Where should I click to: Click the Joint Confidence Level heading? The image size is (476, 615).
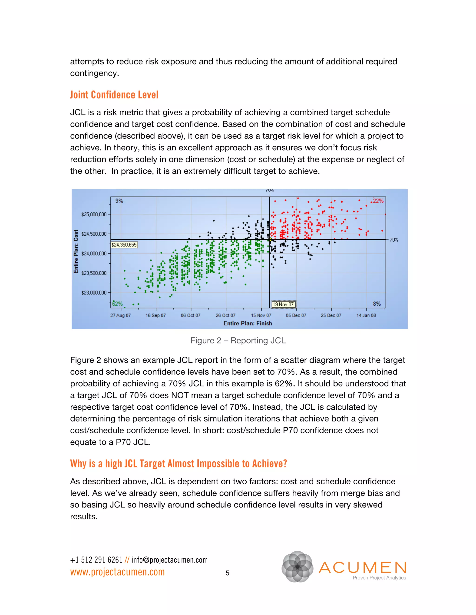[114, 95]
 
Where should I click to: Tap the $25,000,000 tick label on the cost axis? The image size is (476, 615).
[94, 214]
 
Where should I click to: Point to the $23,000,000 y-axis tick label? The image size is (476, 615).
[94, 293]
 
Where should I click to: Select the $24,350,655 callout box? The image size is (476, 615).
[124, 245]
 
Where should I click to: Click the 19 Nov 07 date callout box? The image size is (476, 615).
[283, 304]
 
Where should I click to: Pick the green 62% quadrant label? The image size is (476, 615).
[117, 304]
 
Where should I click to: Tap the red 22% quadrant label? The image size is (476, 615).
[378, 201]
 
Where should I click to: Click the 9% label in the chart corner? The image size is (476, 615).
[119, 201]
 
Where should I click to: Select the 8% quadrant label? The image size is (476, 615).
[377, 304]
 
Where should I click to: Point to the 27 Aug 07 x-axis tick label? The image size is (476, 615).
[120, 315]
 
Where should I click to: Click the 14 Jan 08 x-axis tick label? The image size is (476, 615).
[366, 315]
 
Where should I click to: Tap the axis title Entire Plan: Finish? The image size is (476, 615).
[248, 323]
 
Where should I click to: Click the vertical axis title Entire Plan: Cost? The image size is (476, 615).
[76, 252]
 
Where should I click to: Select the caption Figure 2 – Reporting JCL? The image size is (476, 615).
[238, 340]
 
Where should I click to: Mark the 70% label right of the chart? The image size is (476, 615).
[394, 240]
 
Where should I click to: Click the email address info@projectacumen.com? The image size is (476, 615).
[169, 560]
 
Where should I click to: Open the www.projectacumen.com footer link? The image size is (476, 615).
[117, 572]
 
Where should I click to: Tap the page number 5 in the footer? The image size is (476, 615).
[227, 573]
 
